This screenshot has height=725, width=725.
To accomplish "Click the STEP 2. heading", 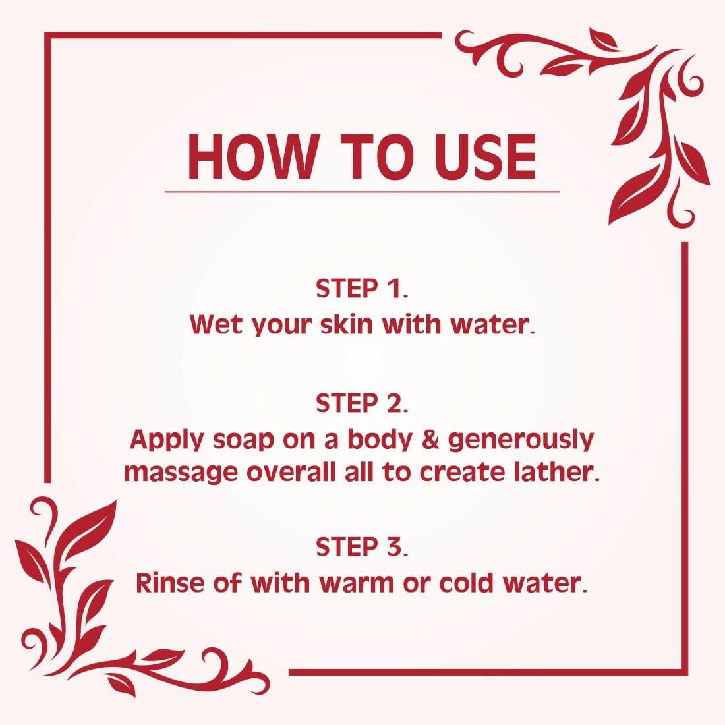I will (362, 403).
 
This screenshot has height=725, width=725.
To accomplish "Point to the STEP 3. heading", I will (362, 546).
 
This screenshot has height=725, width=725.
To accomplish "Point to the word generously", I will (521, 440).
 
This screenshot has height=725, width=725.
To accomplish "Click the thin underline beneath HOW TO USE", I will (362, 192).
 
